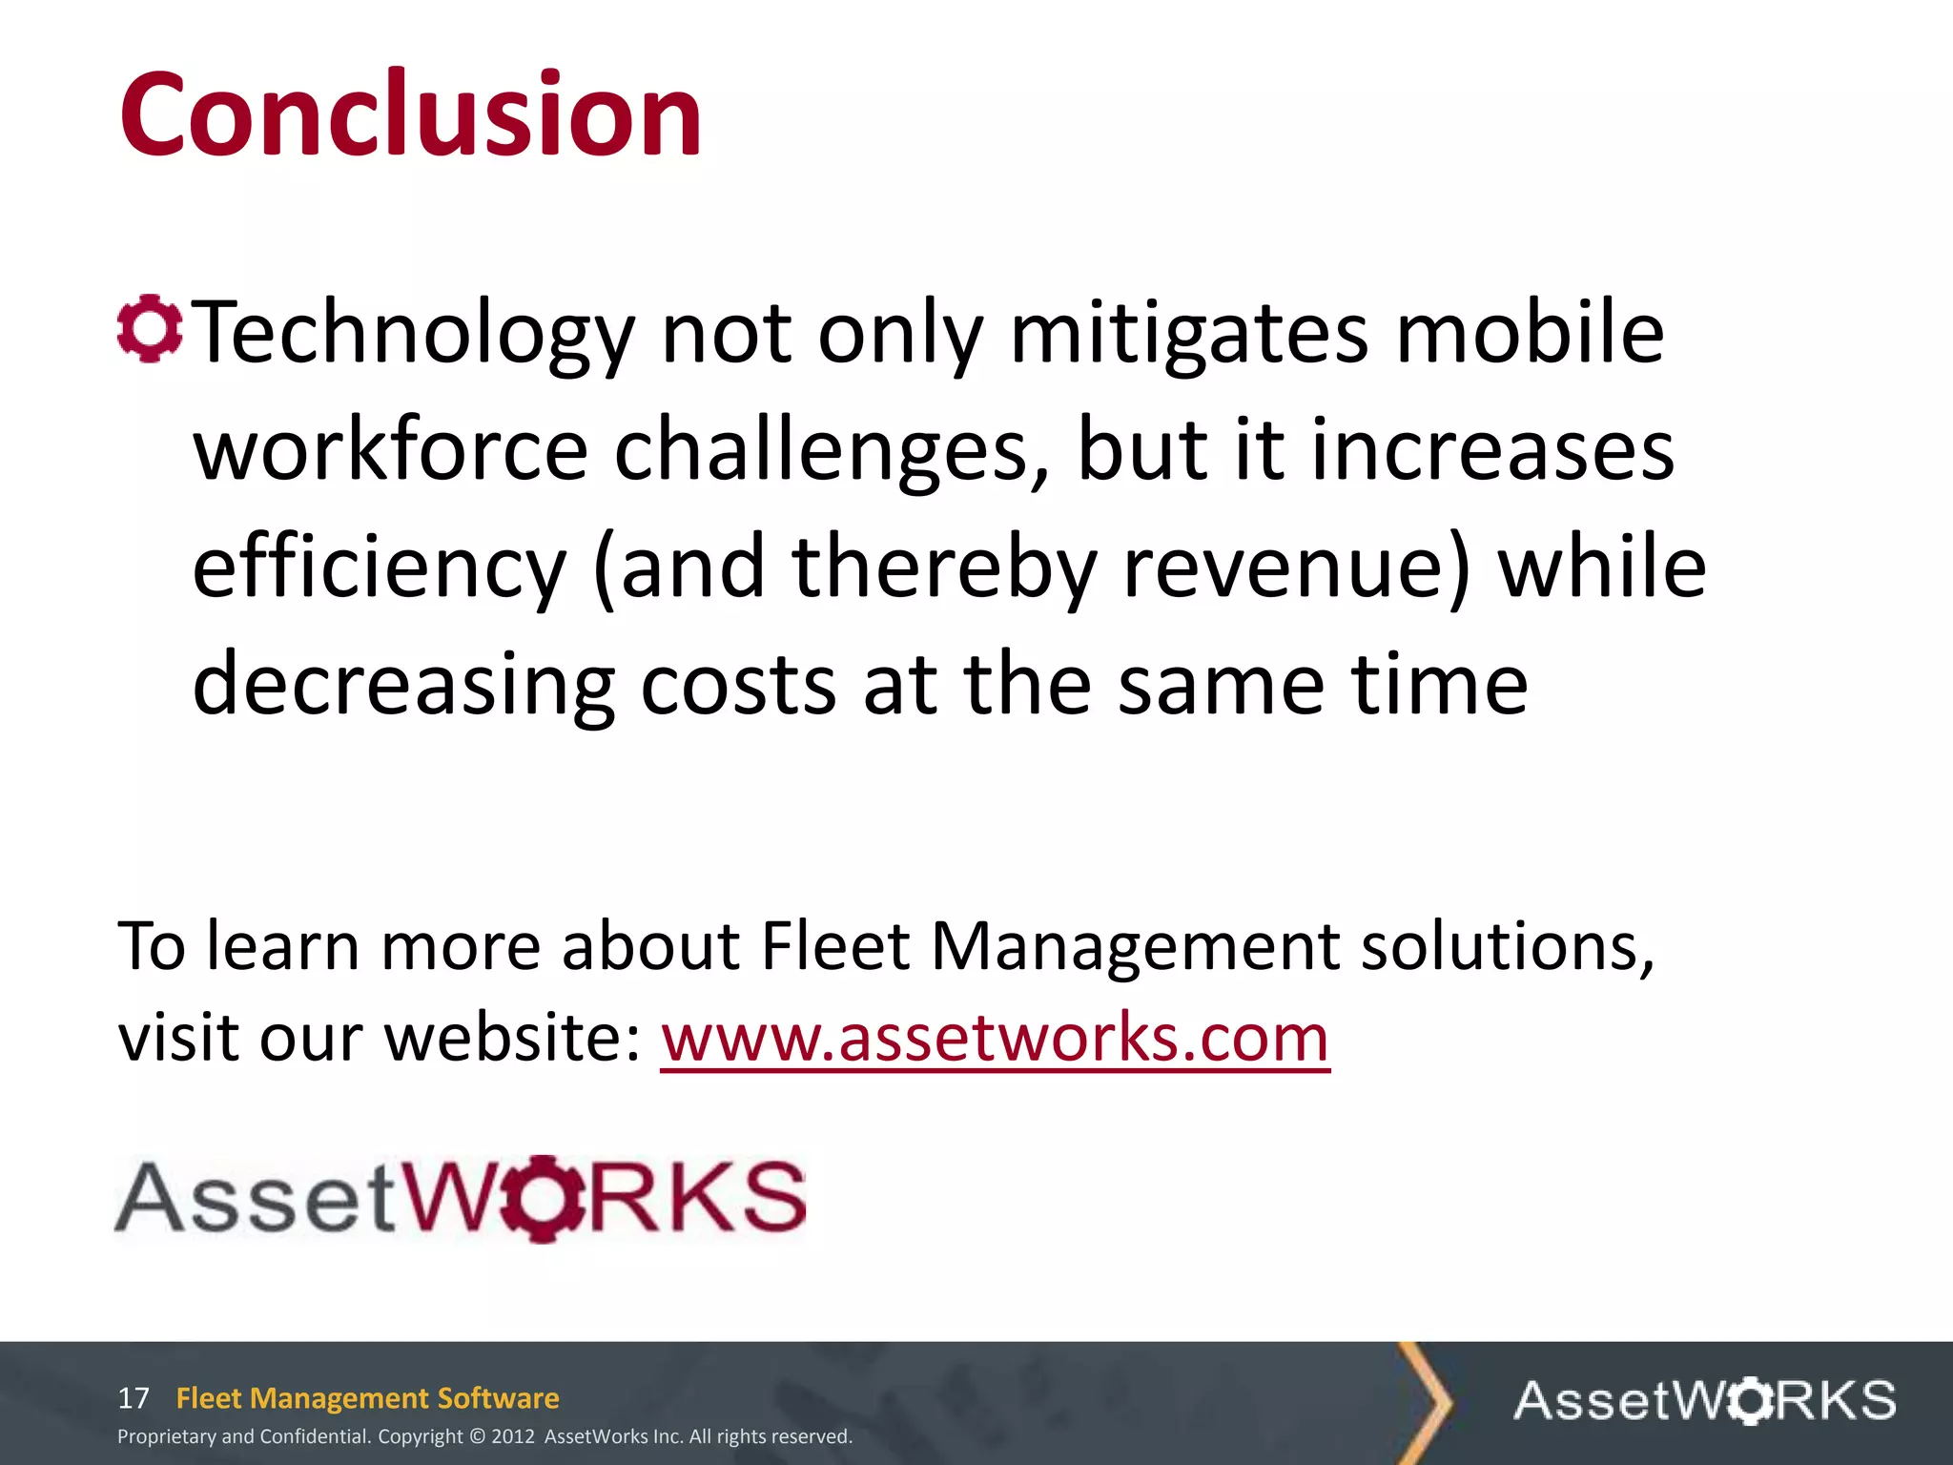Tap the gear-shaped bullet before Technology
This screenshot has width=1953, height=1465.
150,330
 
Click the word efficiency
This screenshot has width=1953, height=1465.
380,568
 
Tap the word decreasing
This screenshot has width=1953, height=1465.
403,685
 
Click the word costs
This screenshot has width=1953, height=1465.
738,685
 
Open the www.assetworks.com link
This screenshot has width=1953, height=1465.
995,1038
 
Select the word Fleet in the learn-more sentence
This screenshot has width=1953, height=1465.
835,946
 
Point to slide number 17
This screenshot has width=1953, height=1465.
134,1398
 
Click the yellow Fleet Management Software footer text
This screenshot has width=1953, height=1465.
367,1398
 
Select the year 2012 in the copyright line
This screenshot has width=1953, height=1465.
513,1436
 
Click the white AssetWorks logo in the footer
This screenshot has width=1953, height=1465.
1704,1400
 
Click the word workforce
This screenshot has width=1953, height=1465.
391,450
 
